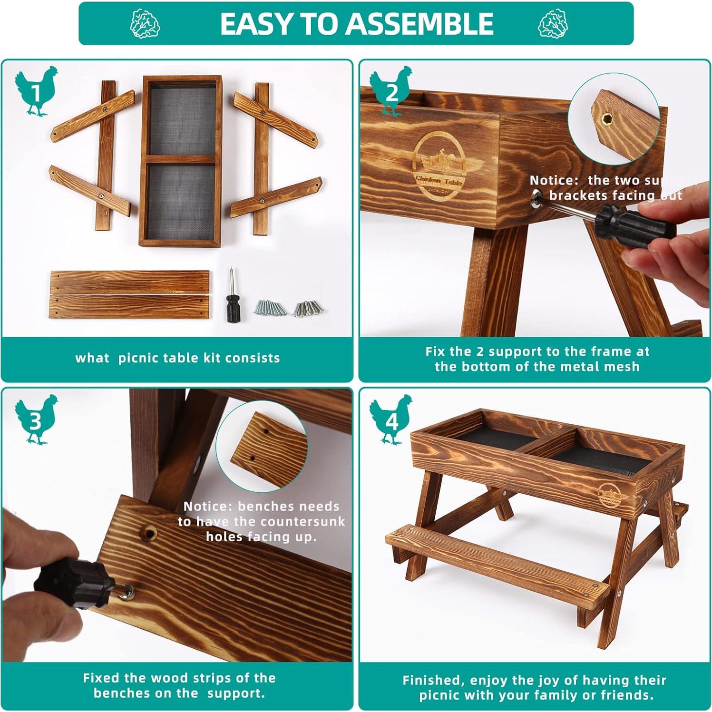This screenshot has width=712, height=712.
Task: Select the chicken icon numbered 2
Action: pyautogui.click(x=391, y=91)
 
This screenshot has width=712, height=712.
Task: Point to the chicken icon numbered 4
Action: pyautogui.click(x=391, y=419)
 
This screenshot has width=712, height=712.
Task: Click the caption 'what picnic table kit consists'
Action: pyautogui.click(x=177, y=358)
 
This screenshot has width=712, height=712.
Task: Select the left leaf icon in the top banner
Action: pyautogui.click(x=145, y=24)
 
